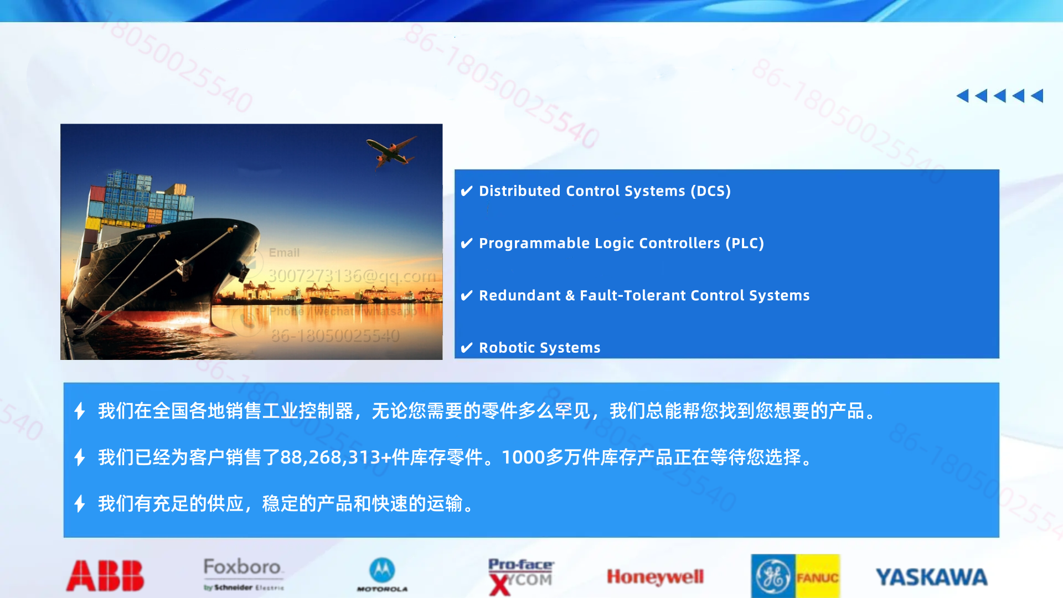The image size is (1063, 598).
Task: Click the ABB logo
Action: click(x=105, y=576)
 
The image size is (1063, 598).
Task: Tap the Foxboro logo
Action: click(x=243, y=574)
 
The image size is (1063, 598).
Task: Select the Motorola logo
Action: click(x=382, y=575)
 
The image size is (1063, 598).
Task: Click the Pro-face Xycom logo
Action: click(x=520, y=576)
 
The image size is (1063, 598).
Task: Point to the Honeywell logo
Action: click(x=655, y=577)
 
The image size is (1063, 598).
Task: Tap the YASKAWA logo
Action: click(x=931, y=577)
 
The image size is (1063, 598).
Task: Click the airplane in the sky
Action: click(x=391, y=151)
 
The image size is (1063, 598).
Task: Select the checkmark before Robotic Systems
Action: click(x=467, y=348)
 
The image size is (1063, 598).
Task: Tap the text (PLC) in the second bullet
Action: click(x=745, y=243)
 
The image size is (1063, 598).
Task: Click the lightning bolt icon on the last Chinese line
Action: click(x=80, y=504)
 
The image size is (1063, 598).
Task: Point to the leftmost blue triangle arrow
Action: click(x=962, y=96)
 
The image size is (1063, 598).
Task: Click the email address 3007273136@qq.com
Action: click(x=352, y=275)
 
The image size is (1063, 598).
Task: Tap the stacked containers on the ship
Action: click(x=141, y=199)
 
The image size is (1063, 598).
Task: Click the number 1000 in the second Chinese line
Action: click(x=523, y=457)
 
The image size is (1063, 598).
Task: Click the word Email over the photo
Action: click(x=284, y=252)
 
